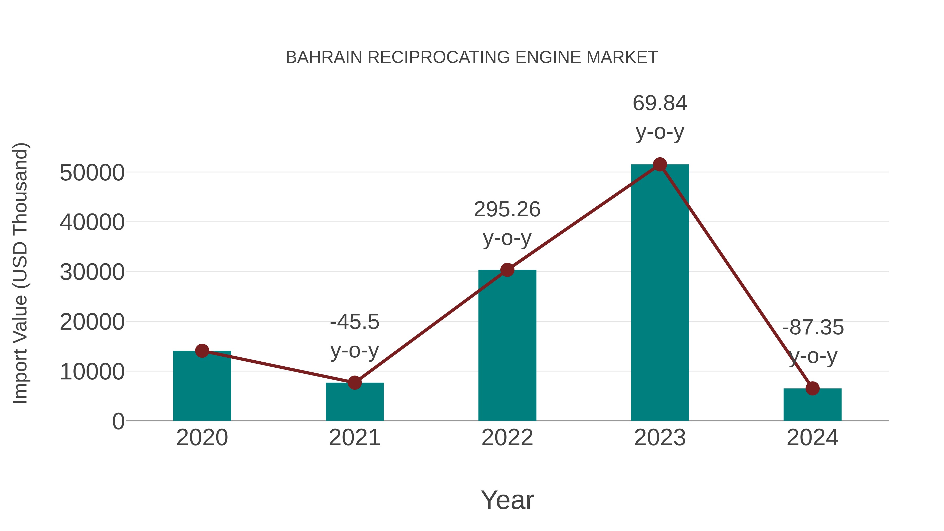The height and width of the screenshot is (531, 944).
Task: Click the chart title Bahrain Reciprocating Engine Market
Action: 472,57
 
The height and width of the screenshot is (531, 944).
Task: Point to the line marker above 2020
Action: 202,351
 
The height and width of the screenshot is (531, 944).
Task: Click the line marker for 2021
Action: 354,383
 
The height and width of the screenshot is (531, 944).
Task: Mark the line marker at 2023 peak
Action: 660,164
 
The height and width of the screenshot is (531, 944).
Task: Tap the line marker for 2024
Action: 812,388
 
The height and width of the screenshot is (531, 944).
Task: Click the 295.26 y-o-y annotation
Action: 507,223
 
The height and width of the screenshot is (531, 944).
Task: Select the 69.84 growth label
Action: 660,117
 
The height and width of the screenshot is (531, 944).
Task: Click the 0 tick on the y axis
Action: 118,421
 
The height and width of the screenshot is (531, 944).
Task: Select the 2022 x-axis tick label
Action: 507,438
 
